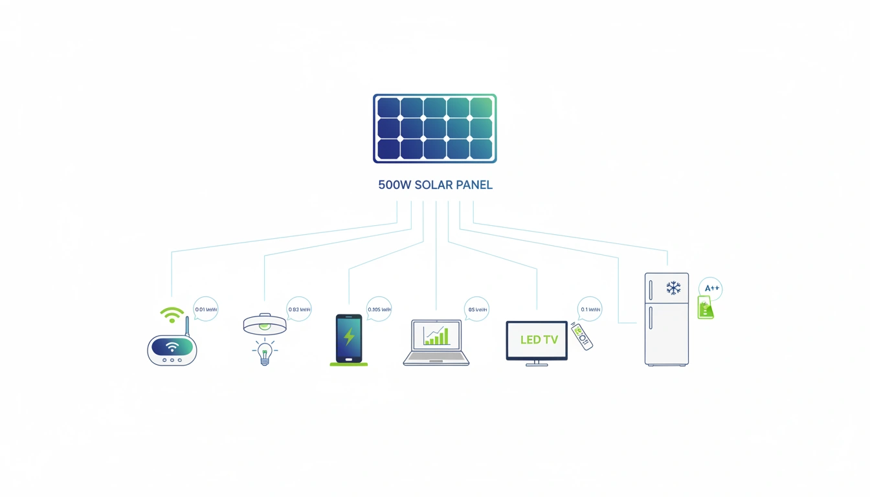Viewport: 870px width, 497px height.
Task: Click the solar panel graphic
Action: [435, 128]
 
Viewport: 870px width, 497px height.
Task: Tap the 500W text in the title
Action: [394, 185]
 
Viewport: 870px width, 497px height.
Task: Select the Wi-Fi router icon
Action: [172, 348]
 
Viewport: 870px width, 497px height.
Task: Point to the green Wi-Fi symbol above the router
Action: [172, 315]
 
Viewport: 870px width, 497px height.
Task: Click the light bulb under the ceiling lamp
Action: [264, 352]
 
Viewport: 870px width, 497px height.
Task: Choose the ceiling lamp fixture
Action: [265, 324]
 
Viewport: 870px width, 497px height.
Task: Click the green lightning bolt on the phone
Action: [349, 337]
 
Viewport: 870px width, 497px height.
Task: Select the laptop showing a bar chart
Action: [436, 342]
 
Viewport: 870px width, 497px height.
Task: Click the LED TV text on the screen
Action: [539, 340]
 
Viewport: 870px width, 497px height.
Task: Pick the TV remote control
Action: [581, 337]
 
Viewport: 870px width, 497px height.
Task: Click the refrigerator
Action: [667, 319]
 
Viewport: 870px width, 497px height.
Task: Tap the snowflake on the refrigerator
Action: [673, 288]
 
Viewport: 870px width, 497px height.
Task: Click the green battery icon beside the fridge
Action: [705, 307]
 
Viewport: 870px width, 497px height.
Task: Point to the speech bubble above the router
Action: [206, 309]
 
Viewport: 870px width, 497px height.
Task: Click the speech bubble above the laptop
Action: [476, 309]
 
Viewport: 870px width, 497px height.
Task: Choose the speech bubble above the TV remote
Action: [590, 309]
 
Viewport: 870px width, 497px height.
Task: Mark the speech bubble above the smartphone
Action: [379, 309]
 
